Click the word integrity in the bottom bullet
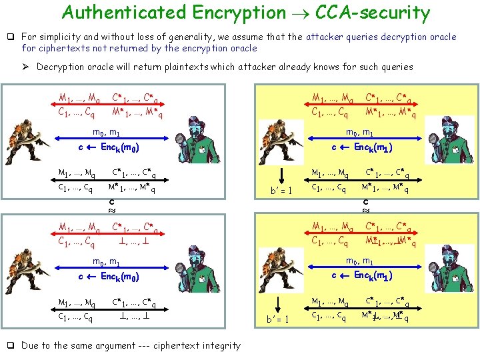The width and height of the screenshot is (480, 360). (219, 345)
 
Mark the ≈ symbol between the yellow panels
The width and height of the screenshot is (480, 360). (365, 208)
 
